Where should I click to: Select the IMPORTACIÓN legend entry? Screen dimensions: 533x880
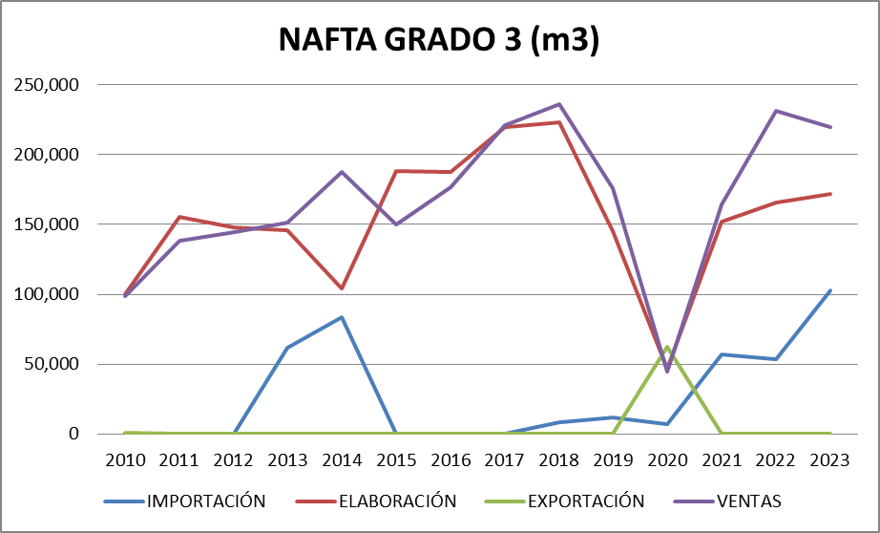[x=205, y=501]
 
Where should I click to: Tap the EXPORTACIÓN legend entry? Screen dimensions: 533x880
[x=585, y=501]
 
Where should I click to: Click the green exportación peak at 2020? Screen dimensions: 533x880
[x=667, y=347]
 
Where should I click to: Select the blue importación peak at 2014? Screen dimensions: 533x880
[x=342, y=317]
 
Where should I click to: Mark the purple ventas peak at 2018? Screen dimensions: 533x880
[x=559, y=104]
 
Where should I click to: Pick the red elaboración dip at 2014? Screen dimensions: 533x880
[x=342, y=288]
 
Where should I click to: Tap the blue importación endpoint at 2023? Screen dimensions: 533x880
[x=830, y=290]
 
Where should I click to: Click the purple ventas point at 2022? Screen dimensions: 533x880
[x=776, y=111]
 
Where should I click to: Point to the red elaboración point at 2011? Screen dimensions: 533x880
[x=179, y=217]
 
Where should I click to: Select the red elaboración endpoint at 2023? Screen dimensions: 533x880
[x=830, y=194]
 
